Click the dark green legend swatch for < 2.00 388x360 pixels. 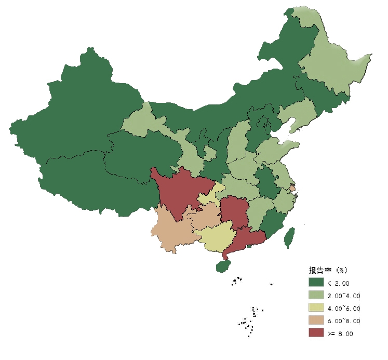tap(316, 283)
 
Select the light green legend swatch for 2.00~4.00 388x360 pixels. tap(316, 295)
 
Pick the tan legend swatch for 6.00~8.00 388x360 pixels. tap(316, 321)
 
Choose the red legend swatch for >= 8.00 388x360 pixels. tap(316, 333)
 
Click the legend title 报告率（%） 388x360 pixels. tap(328, 270)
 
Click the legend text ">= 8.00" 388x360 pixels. tap(340, 334)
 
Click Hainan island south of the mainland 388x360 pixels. tap(223, 266)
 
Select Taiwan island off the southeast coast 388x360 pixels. tap(289, 238)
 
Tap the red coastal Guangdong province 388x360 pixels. tap(246, 239)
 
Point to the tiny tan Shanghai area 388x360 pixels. tap(292, 189)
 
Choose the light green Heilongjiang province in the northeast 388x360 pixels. tap(332, 68)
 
